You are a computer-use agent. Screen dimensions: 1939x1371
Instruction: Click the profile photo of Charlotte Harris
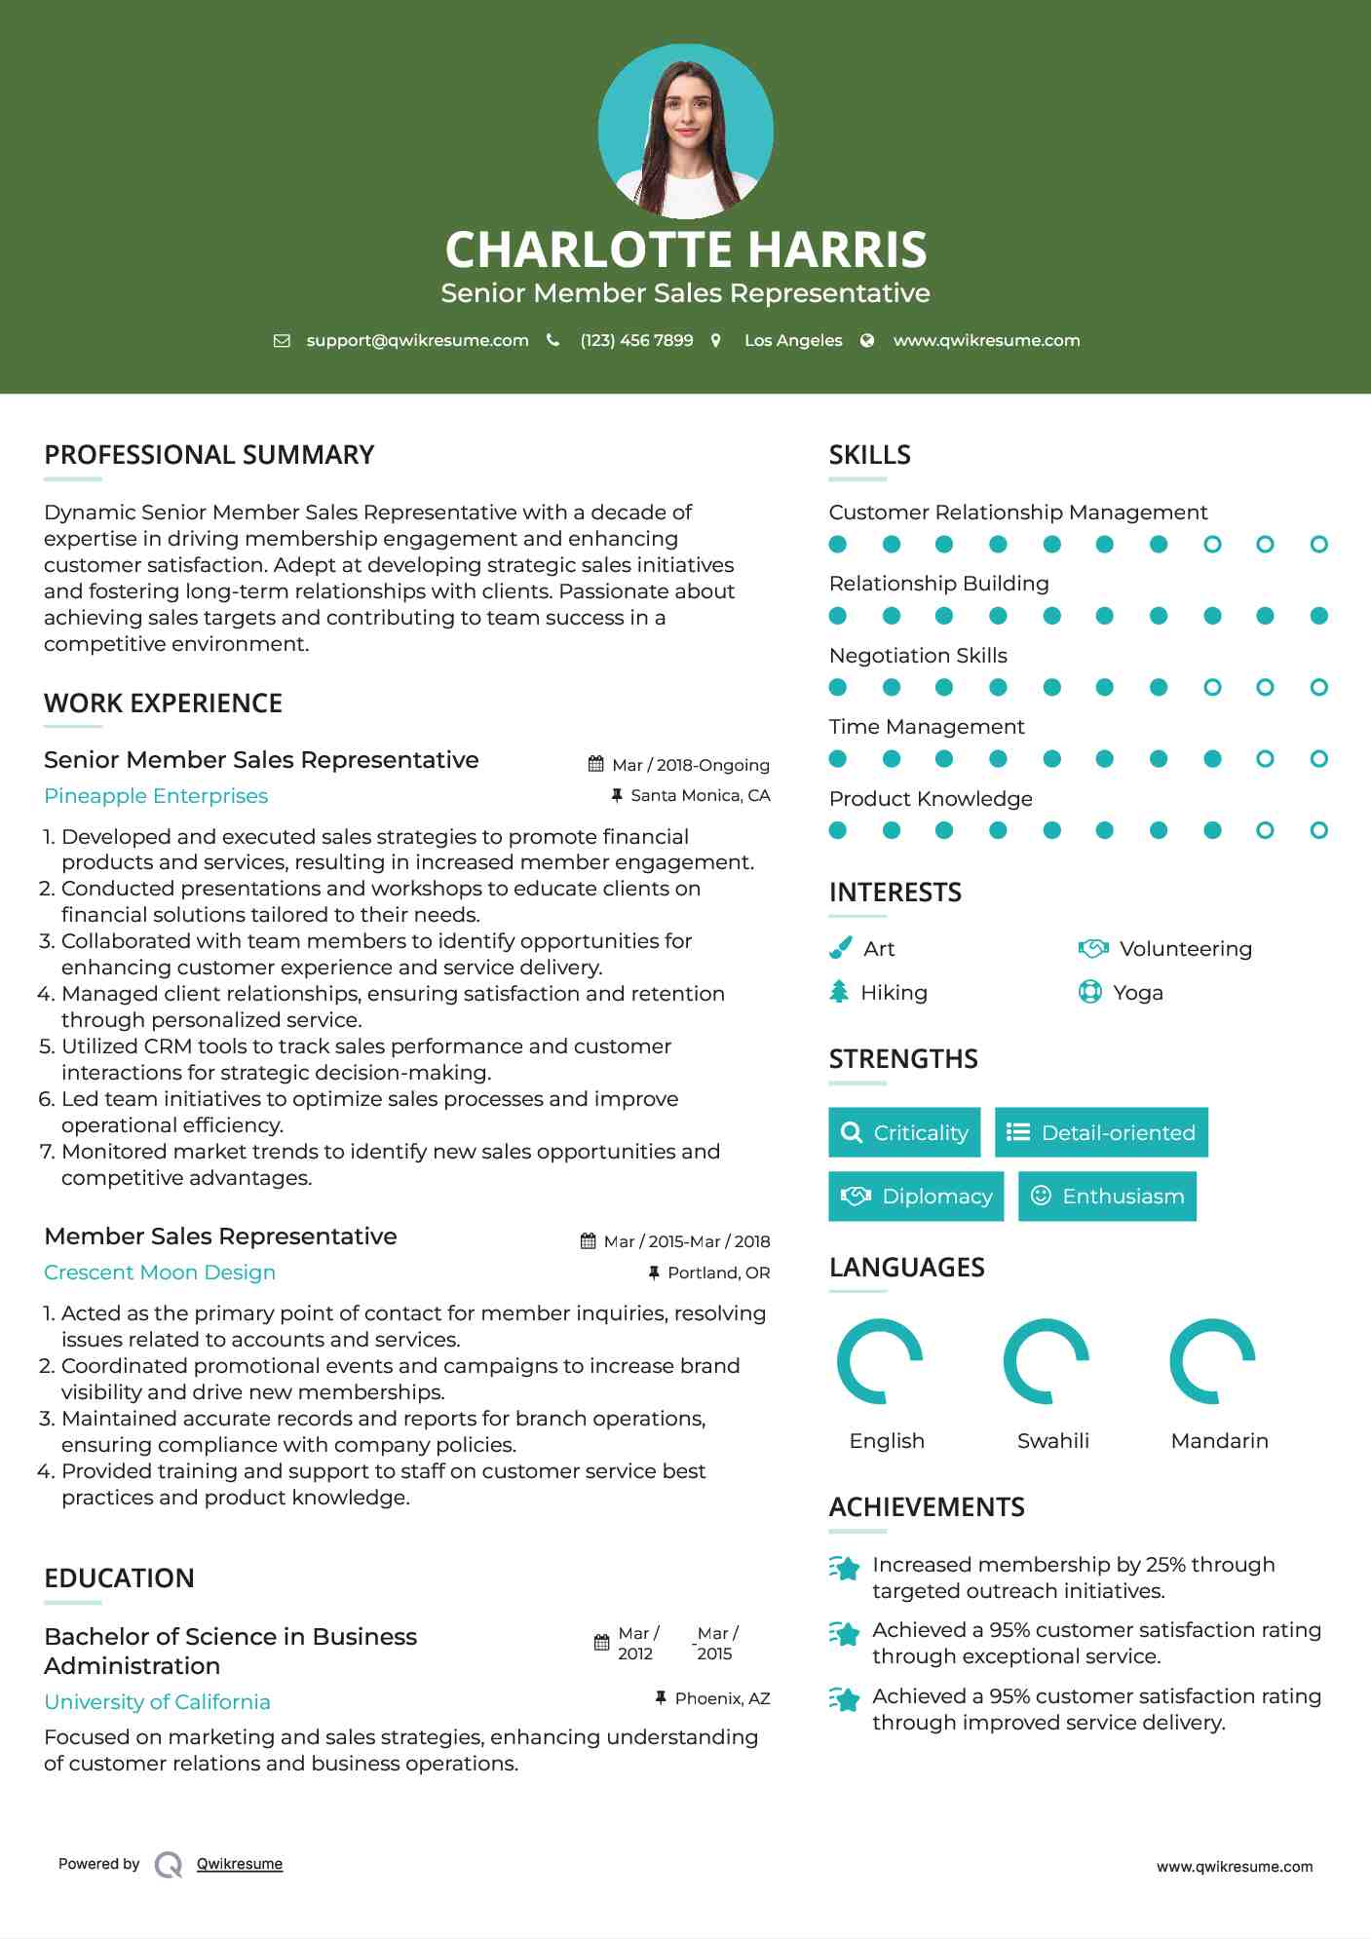685,132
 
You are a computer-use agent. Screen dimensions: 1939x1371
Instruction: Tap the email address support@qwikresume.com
417,340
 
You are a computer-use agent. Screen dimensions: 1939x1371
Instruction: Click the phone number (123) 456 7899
636,340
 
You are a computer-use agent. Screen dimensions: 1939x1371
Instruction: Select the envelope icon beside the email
282,340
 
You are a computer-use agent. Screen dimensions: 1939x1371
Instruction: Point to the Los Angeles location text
792,340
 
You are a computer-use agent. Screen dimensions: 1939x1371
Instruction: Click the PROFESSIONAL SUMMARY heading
209,455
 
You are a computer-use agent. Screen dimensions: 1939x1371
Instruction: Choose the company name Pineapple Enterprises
156,796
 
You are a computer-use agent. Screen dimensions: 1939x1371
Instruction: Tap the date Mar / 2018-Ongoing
690,765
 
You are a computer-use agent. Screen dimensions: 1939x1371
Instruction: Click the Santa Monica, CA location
700,795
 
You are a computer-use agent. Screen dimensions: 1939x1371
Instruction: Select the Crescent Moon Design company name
160,1273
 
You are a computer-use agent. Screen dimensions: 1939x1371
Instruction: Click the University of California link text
157,1702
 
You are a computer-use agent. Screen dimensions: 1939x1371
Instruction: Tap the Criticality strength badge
904,1132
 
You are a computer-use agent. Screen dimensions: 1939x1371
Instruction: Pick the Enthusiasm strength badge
1107,1196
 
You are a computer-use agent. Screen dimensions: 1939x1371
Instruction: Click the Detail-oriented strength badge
1101,1132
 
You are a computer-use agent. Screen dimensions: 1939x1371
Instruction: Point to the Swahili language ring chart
1046,1361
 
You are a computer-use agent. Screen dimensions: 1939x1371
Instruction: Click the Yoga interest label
1137,993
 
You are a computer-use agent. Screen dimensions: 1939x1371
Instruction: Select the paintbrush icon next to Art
840,948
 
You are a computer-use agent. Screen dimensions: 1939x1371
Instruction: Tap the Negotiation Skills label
918,656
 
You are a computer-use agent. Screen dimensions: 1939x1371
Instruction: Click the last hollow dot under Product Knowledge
1318,830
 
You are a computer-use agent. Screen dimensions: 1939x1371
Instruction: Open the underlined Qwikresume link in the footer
240,1864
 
